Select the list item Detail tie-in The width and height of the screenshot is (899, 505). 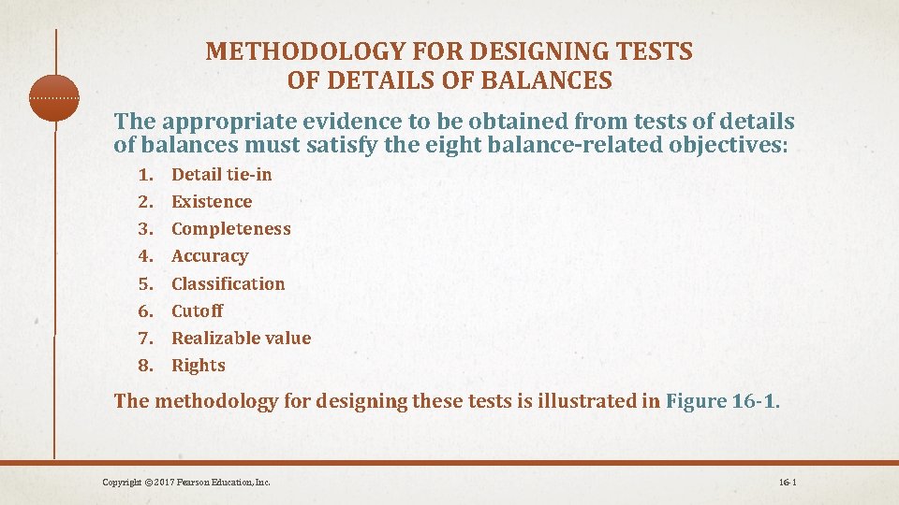(222, 174)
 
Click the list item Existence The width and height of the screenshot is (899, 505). (212, 201)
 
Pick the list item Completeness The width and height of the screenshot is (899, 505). (231, 229)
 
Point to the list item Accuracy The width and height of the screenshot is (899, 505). (210, 256)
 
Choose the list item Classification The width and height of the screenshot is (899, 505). (228, 283)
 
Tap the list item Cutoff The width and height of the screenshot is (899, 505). (198, 310)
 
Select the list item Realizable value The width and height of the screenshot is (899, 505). (242, 339)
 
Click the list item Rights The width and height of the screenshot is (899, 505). (199, 366)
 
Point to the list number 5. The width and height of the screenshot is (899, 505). (144, 283)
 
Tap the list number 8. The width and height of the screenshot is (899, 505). (144, 366)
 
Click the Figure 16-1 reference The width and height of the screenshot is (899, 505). (719, 401)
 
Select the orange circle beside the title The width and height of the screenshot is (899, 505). (54, 97)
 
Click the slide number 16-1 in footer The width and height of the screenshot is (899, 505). (787, 482)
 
